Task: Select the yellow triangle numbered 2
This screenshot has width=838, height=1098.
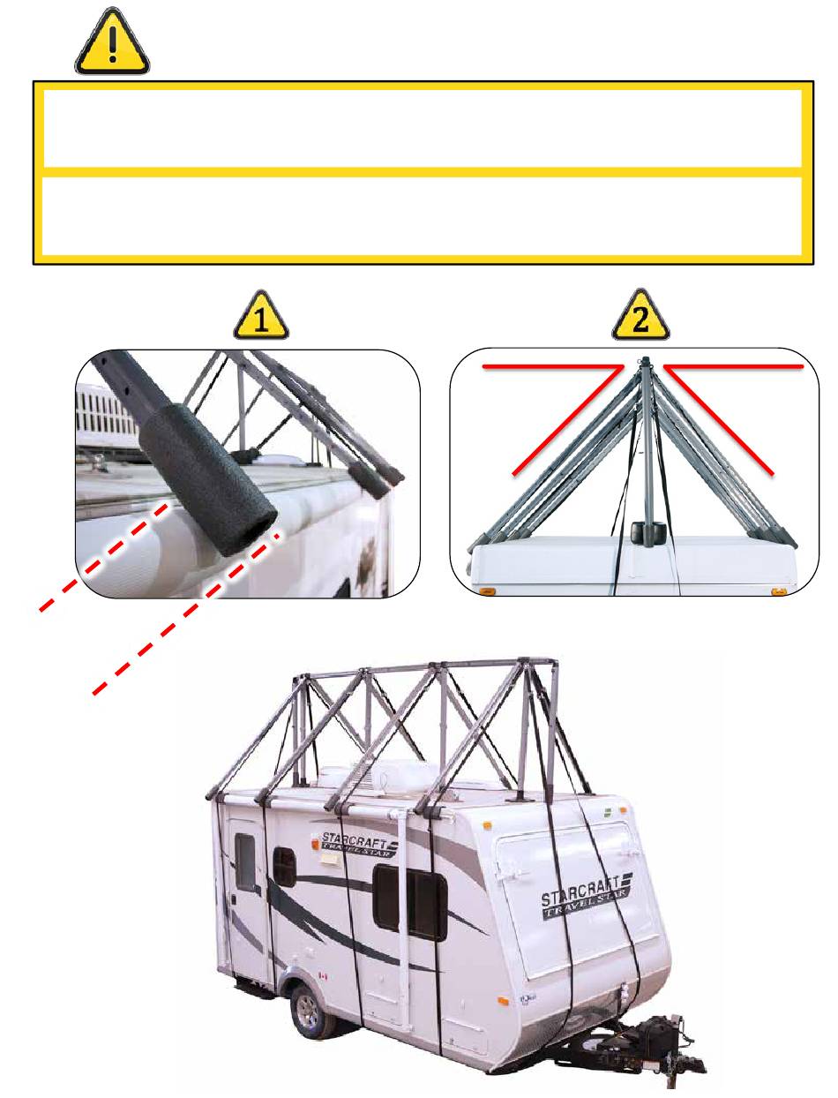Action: (x=640, y=316)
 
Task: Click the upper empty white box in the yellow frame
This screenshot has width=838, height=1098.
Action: (x=423, y=129)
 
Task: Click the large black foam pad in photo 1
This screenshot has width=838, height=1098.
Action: (x=207, y=479)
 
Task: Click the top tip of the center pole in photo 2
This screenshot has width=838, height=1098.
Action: (x=645, y=358)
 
